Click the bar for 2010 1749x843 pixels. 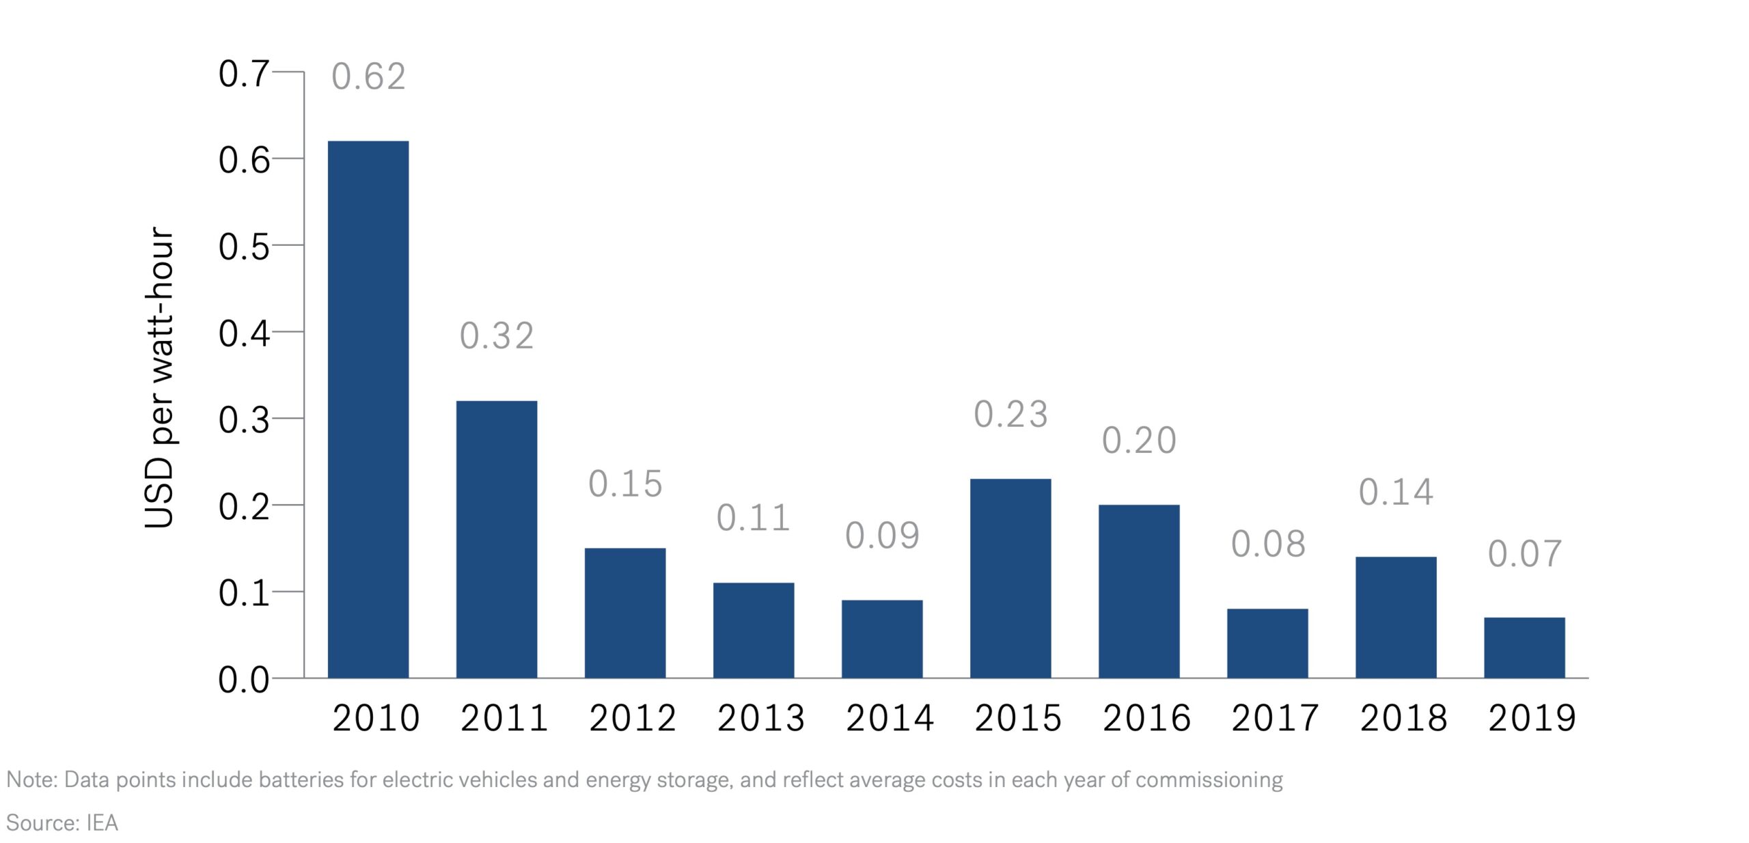368,409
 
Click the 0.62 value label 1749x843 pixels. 368,77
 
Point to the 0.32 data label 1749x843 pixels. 497,336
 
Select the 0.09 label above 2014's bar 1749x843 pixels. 882,536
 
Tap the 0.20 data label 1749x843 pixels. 1139,441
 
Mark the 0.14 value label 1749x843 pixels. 1396,493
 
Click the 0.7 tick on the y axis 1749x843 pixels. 243,74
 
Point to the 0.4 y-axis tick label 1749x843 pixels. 243,334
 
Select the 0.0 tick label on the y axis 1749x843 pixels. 243,680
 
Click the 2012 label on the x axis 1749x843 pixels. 633,718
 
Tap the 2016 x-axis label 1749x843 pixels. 1146,718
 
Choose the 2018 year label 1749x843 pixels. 1403,718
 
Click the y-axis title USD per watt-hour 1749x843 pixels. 160,378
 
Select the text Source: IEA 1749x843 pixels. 62,823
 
